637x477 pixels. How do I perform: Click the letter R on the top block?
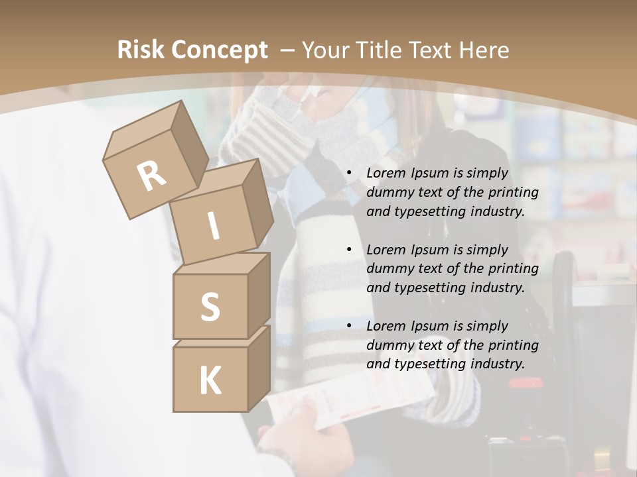(152, 176)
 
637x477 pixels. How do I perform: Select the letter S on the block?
(210, 307)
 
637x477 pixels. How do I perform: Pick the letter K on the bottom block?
(210, 381)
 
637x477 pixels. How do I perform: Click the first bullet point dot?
(349, 174)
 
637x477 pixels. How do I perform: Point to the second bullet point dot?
(349, 250)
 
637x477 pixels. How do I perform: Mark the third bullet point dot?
(349, 326)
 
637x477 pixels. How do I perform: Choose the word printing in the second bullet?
(513, 268)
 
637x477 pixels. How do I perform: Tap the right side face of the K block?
(259, 368)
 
